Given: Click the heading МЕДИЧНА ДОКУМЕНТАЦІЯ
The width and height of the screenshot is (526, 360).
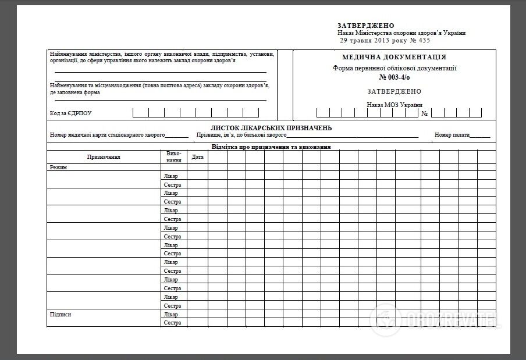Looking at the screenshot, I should pos(394,57).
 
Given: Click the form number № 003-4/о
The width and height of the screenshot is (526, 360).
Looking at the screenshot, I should pos(394,77).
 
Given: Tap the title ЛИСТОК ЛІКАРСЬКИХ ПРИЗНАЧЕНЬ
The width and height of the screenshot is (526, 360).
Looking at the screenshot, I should pos(271,128).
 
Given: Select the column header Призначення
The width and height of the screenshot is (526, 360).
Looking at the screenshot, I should pos(104,157).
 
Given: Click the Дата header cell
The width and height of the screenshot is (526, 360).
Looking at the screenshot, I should pos(197,157).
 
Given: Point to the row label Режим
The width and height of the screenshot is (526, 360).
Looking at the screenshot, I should pos(58,167).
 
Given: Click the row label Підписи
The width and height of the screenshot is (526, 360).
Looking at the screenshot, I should pos(60,315).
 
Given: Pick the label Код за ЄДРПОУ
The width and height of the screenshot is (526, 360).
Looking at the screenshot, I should pos(71,113).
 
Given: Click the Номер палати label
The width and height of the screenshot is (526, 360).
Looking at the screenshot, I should pos(452,135).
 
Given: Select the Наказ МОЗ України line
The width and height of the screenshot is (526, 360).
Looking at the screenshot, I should pos(394,105).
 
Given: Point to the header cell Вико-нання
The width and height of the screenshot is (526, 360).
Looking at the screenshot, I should pos(174,157).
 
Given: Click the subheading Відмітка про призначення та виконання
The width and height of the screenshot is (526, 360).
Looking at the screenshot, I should pos(271,147).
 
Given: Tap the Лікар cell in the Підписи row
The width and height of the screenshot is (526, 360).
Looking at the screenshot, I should pos(171,315).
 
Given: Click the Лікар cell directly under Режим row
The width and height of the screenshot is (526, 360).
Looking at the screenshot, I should pos(171,176).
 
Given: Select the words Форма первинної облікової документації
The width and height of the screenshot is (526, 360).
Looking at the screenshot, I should pos(394,68).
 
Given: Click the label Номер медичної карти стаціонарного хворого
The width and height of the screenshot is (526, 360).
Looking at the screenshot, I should pos(108,135).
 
